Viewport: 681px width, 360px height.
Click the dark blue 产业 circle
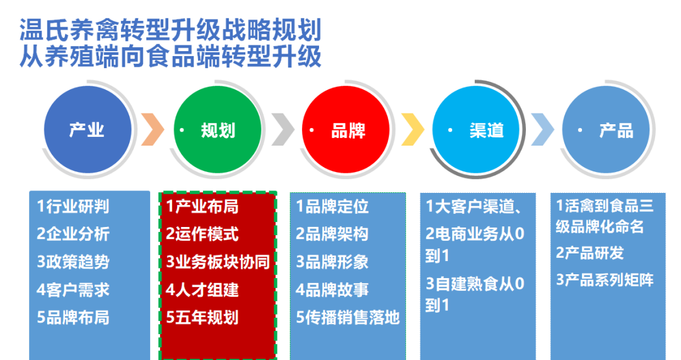(x=88, y=129)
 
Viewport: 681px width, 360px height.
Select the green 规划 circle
(x=218, y=129)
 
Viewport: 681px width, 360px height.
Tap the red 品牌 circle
(x=346, y=129)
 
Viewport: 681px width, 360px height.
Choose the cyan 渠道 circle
(x=476, y=129)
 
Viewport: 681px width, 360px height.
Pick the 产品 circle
(x=606, y=129)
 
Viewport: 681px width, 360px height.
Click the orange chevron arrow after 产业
(x=153, y=129)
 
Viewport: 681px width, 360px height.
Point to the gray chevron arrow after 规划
(x=283, y=129)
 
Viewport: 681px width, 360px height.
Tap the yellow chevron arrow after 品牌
(x=412, y=129)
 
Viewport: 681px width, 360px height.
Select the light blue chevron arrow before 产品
(x=542, y=129)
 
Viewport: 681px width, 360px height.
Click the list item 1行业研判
(x=73, y=206)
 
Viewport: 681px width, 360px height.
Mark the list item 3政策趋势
(x=73, y=262)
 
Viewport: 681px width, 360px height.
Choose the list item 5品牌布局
(x=73, y=317)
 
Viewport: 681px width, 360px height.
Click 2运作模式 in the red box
(x=202, y=234)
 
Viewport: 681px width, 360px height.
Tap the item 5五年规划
(x=202, y=317)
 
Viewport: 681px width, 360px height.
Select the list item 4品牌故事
(x=332, y=289)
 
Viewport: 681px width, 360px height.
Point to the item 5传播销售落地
(x=348, y=317)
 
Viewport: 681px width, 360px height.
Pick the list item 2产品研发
(x=590, y=253)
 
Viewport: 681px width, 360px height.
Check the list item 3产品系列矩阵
(x=605, y=280)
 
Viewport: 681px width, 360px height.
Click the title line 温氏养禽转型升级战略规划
(x=171, y=30)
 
